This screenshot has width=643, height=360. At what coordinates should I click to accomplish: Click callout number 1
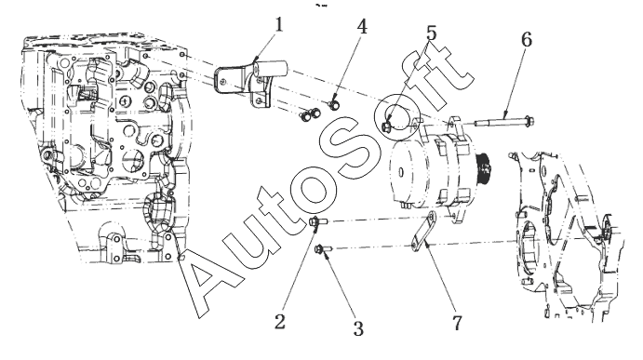(279, 25)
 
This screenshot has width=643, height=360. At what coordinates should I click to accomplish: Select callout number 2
(280, 322)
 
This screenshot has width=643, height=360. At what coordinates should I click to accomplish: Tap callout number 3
(358, 328)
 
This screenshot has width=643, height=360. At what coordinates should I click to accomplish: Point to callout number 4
(362, 27)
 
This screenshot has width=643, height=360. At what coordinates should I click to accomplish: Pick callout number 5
(432, 33)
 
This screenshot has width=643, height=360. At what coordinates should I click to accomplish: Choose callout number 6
(527, 39)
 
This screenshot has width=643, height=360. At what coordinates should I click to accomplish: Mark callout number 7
(457, 323)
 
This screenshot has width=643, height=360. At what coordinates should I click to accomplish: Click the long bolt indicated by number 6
(503, 122)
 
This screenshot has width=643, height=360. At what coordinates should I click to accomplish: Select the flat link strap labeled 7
(423, 232)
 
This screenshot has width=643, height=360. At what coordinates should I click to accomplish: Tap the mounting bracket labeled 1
(251, 83)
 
